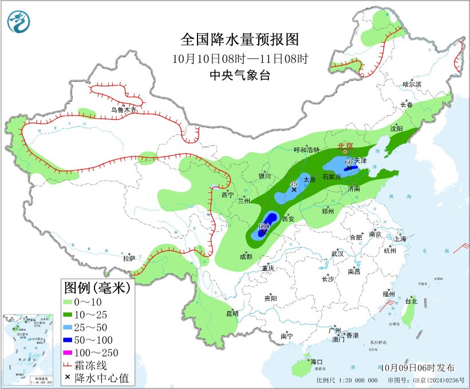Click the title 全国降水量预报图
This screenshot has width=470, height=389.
240,40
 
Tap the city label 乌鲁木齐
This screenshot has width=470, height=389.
124,110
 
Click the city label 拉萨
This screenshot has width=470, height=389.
129,258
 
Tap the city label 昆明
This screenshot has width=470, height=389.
232,313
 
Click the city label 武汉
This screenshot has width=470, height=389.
337,253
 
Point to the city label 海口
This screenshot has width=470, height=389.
317,362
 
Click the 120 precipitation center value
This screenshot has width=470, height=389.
264,227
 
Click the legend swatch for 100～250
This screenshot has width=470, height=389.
72,352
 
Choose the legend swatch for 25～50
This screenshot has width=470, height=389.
72,327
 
